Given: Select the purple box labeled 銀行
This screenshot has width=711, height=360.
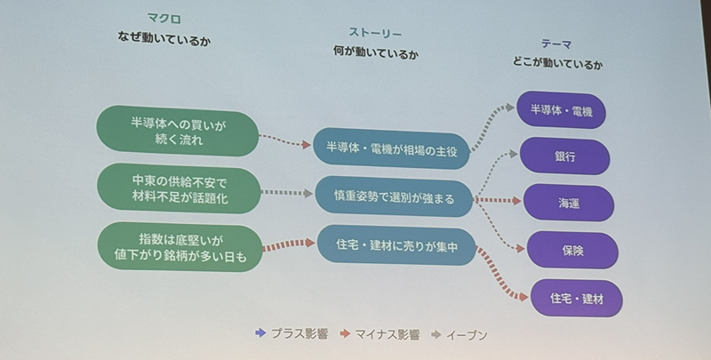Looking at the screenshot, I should click(x=564, y=156).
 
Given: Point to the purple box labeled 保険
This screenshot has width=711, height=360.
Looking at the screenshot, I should click(x=571, y=250).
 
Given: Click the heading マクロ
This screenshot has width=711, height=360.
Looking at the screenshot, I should click(x=164, y=17).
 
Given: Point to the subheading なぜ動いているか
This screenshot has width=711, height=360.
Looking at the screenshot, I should click(x=166, y=38).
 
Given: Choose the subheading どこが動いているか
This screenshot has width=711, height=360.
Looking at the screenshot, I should click(x=558, y=63).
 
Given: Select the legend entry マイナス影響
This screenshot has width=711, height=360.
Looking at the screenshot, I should click(x=382, y=335).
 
